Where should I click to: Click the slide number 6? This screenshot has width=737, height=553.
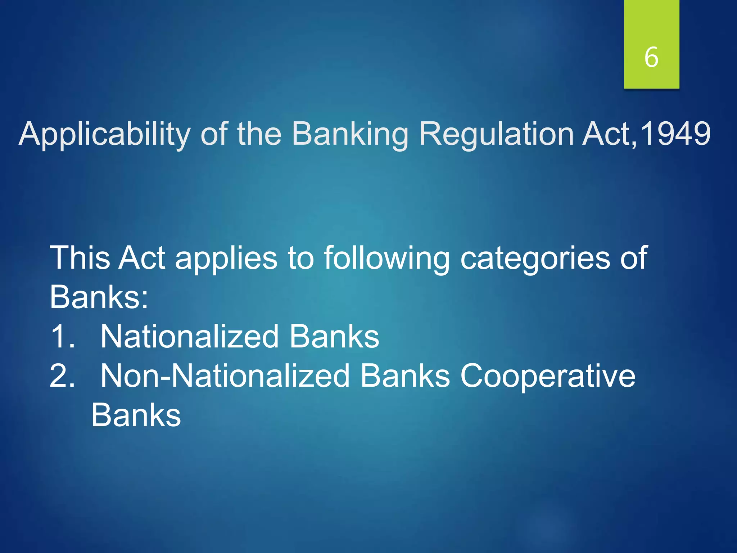(x=651, y=58)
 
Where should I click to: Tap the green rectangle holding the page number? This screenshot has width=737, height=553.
(x=651, y=22)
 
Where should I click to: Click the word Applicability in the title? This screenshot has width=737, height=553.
(x=104, y=134)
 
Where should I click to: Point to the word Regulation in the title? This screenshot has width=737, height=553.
(x=497, y=134)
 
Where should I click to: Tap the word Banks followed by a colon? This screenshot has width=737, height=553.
(x=99, y=297)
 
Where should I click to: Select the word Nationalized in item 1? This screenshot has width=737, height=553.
(x=189, y=336)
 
